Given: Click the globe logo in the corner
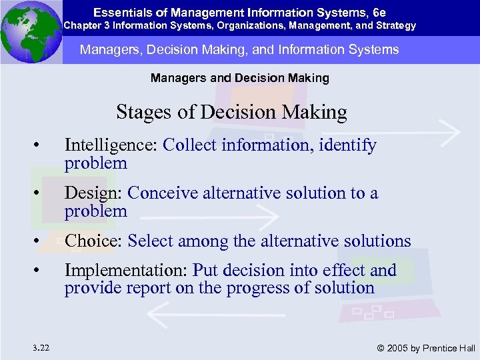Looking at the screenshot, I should coord(31,32).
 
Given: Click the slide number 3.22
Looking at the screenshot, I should coord(39,347).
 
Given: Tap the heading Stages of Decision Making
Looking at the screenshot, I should coord(231,112).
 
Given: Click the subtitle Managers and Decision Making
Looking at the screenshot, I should coord(240,78).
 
